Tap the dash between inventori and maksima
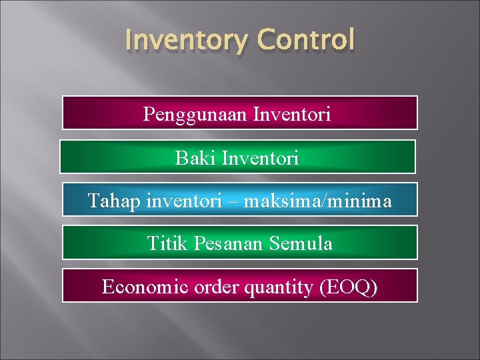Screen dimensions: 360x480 tap(233, 201)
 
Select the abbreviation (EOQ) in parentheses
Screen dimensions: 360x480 tap(348, 287)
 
